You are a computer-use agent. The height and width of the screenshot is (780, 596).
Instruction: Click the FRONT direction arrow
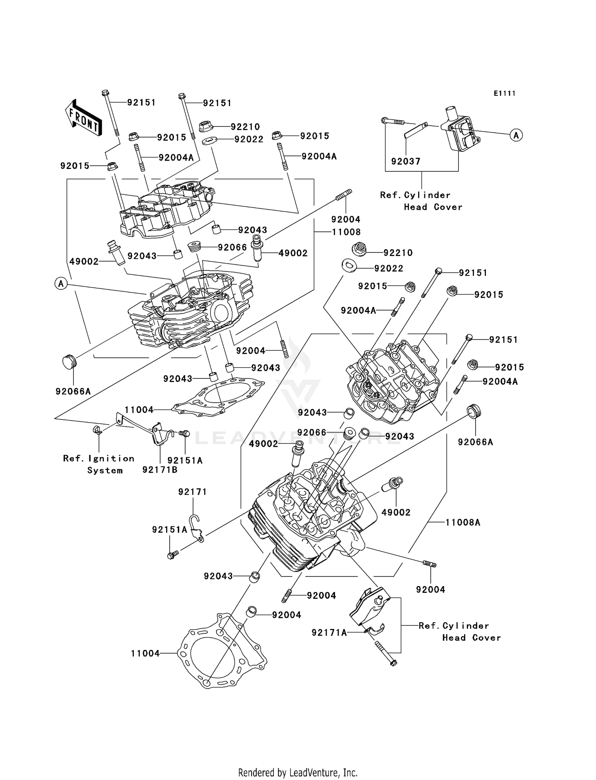coord(83,119)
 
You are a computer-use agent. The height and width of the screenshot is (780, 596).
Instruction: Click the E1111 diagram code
coord(505,93)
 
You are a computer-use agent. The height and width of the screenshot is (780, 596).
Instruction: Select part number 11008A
coord(462,522)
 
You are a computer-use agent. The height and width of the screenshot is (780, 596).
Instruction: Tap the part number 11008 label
coord(346,232)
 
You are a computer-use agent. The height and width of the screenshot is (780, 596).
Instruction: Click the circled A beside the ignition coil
coord(516,135)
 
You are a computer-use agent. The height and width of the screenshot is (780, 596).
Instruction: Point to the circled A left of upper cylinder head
coord(61,283)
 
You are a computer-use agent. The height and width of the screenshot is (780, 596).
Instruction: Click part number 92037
coord(405,161)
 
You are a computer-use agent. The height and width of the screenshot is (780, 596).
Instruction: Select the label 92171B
coord(160,470)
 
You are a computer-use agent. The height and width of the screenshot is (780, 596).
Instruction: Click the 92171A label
coord(329,633)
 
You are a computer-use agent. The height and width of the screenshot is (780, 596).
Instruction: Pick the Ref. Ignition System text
coord(99,464)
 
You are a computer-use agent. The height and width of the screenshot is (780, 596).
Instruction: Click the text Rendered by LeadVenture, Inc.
coord(298,772)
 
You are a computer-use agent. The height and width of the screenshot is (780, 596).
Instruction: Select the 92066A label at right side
coord(475,442)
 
